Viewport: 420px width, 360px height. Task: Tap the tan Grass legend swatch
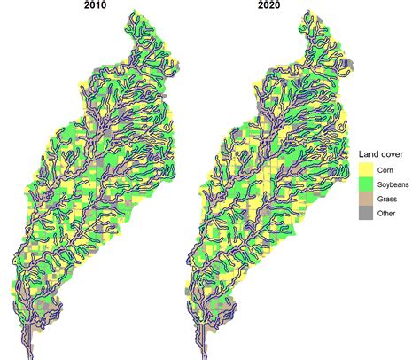(365, 199)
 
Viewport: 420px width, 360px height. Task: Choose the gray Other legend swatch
(365, 214)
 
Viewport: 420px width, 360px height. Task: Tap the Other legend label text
(386, 214)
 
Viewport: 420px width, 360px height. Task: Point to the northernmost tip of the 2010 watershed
(133, 15)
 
